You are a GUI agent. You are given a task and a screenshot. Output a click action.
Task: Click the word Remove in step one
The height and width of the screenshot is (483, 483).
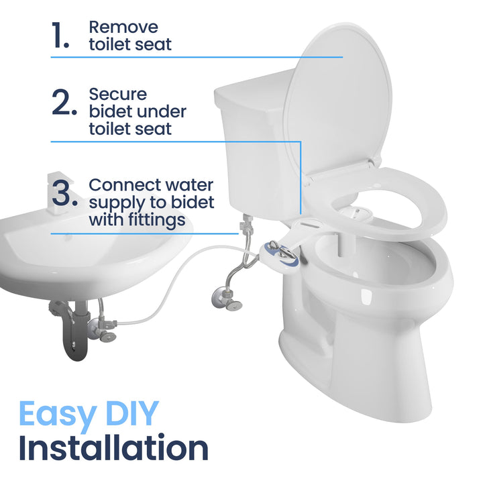point(123,28)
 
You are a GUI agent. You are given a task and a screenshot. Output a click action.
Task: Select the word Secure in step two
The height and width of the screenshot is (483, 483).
point(118,94)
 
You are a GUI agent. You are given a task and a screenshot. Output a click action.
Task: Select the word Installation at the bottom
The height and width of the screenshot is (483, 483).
point(113,448)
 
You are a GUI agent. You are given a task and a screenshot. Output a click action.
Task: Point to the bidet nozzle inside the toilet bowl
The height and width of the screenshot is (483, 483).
point(353,213)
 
